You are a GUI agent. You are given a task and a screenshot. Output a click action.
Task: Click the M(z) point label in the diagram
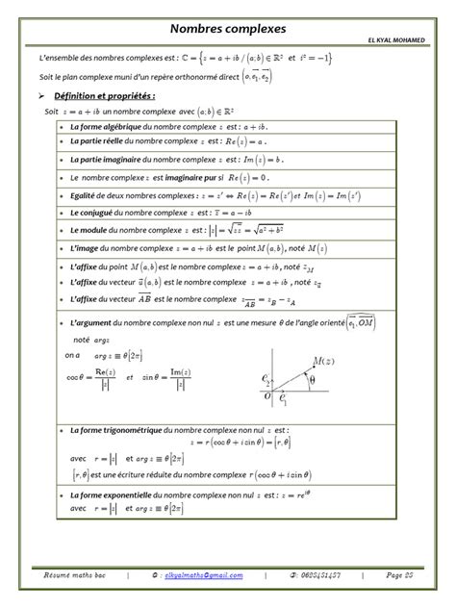pos(315,358)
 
